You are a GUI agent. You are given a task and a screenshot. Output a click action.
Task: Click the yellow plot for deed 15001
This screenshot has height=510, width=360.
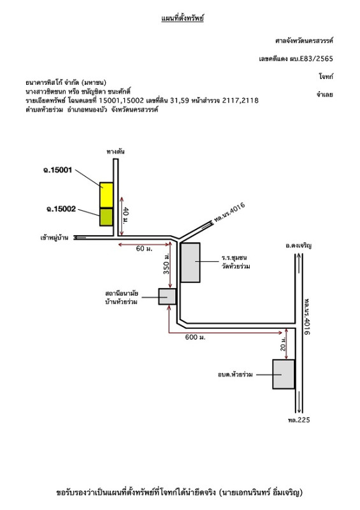[106, 195]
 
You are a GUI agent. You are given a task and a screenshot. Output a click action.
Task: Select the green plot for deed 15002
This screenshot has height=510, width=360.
[106, 217]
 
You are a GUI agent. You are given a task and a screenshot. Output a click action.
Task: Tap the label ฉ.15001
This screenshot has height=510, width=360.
[57, 170]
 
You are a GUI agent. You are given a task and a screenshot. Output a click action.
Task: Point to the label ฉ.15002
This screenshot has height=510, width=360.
[61, 209]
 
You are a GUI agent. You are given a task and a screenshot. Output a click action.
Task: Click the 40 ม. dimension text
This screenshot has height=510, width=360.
[126, 215]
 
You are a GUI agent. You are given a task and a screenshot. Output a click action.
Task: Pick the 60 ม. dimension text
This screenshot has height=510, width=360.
[144, 249]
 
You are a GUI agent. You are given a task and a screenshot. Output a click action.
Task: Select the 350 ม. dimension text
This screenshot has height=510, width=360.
[166, 263]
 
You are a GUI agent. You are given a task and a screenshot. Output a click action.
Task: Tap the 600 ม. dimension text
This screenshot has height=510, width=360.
[195, 337]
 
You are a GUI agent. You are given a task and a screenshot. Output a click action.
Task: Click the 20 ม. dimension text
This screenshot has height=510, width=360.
[283, 344]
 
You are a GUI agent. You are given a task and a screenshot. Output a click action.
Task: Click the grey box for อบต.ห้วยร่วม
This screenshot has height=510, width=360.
[284, 374]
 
